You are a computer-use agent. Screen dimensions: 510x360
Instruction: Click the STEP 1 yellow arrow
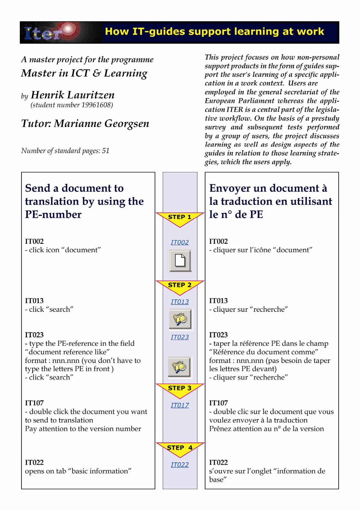point(180,219)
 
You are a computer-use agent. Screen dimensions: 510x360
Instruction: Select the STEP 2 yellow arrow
point(180,287)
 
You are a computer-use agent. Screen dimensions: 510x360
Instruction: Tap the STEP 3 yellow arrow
point(180,390)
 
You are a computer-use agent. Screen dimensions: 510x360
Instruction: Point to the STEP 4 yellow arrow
point(180,449)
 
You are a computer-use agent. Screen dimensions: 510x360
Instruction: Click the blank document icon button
point(180,261)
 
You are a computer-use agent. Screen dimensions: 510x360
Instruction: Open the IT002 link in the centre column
point(180,242)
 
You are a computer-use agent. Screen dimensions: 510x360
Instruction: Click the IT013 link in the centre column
point(180,302)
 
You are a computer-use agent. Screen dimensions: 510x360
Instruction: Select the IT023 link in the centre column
point(180,337)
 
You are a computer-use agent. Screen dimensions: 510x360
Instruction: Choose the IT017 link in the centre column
point(180,405)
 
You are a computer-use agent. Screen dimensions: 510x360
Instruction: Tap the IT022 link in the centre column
point(180,465)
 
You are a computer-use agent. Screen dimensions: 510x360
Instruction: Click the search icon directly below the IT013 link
point(180,319)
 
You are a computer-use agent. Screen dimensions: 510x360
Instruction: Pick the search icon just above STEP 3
point(180,367)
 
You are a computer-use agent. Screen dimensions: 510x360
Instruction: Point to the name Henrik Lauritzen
point(73,95)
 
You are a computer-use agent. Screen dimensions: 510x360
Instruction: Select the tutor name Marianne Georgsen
point(101,124)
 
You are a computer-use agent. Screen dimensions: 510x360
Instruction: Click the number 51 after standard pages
point(106,151)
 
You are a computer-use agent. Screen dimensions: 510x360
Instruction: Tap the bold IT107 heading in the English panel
point(34,403)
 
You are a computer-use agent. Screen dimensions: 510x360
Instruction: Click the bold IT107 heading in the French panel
point(218,403)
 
